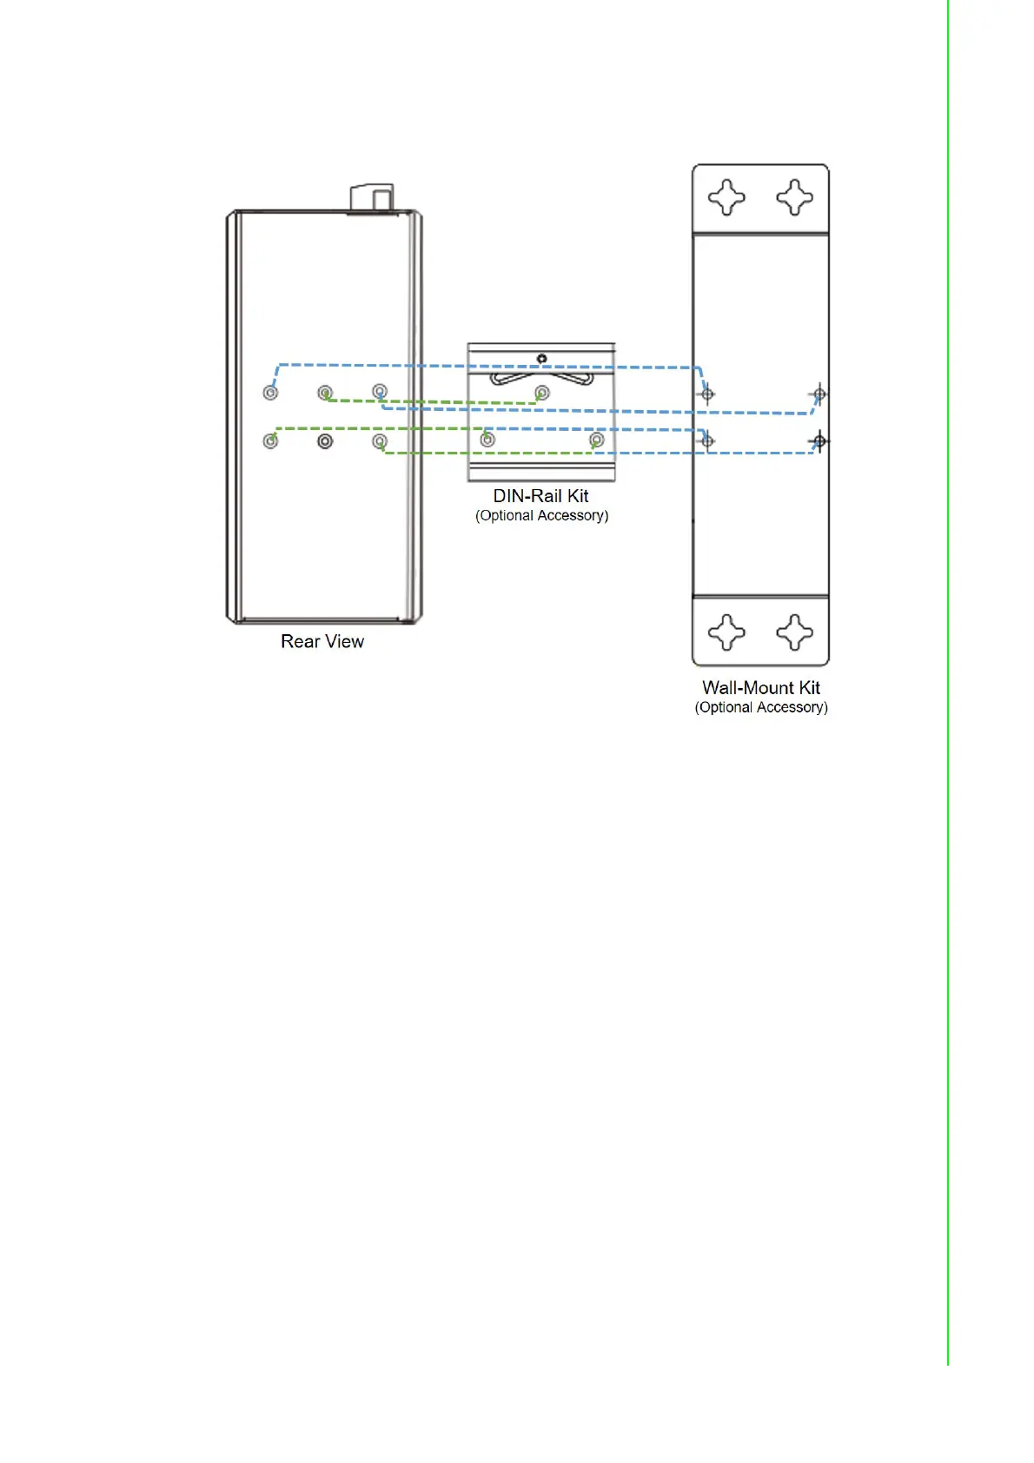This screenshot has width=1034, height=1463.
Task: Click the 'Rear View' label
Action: (321, 641)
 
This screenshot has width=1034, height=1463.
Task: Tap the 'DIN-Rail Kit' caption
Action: (540, 496)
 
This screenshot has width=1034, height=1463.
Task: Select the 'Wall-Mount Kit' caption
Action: (760, 687)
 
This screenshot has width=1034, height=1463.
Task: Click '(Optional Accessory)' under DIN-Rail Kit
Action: (541, 516)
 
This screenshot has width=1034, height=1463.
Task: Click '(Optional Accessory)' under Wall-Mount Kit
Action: (760, 707)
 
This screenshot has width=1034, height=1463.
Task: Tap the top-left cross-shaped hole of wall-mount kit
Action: (726, 197)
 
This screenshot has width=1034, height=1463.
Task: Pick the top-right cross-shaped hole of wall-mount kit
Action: (794, 197)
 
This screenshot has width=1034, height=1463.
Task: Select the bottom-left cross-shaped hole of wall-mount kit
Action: (726, 632)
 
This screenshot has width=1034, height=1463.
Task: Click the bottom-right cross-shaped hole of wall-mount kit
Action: (794, 632)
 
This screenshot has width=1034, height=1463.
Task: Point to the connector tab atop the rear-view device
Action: (372, 197)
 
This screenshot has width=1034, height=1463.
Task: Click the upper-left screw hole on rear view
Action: (270, 393)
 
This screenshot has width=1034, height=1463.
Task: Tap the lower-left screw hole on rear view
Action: (270, 441)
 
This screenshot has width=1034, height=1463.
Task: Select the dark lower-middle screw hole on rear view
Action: (325, 441)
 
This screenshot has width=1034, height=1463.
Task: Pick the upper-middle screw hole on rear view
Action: (325, 393)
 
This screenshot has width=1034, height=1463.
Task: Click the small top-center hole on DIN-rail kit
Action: (541, 358)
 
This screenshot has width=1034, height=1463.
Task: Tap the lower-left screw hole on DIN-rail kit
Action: (487, 440)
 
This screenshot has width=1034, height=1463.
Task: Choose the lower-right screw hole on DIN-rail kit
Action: (596, 440)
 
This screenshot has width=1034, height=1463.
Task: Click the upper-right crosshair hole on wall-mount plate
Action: (819, 394)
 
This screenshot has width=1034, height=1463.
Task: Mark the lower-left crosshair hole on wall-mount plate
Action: (707, 441)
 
